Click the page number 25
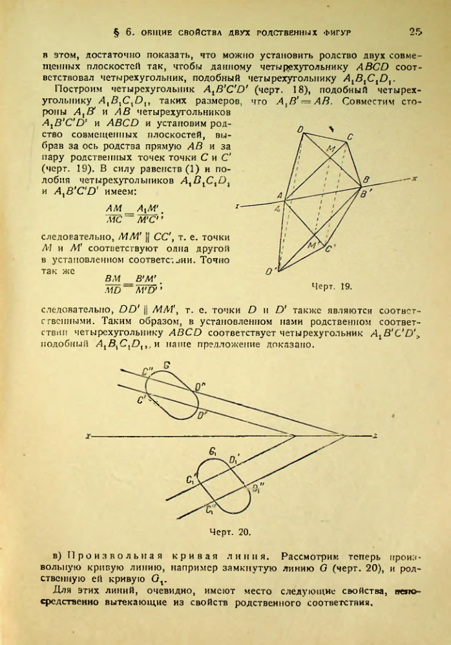[415, 31]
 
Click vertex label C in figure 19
[350, 138]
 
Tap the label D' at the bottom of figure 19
[271, 271]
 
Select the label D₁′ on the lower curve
[235, 461]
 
